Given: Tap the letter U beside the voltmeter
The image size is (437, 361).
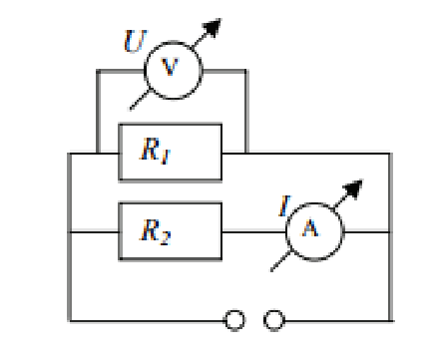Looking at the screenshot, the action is (135, 41).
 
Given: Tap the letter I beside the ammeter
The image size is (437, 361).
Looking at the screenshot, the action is (284, 205).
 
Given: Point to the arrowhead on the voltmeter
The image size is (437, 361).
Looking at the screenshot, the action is (213, 27).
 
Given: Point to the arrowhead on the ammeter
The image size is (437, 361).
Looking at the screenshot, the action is (353, 188).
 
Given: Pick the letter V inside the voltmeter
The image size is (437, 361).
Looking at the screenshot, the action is (170, 67).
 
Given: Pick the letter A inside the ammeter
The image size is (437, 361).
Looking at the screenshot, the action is (310, 228).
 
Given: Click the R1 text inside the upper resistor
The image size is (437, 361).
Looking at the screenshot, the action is (155, 151).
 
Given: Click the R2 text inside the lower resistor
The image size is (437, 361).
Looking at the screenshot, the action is (156, 231).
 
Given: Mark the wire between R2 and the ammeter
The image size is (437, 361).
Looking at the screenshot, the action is (254, 232).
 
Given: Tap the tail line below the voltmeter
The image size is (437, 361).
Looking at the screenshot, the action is (140, 100).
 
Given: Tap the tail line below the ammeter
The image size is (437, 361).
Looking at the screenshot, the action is (280, 261).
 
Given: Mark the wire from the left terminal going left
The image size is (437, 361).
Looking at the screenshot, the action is (147, 321).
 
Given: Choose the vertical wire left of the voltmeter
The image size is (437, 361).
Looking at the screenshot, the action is (98, 112).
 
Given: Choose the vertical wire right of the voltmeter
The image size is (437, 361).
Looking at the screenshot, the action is (246, 112).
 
